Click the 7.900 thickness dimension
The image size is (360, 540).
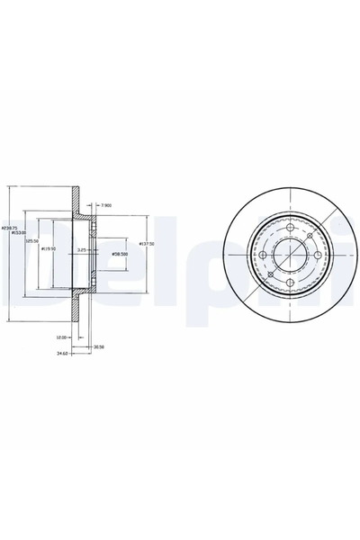[107, 205]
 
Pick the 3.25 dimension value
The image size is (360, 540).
[107, 249]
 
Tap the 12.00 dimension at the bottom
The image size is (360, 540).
[59, 337]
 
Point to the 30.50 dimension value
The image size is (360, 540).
[99, 346]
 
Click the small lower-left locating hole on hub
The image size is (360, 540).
[266, 274]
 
